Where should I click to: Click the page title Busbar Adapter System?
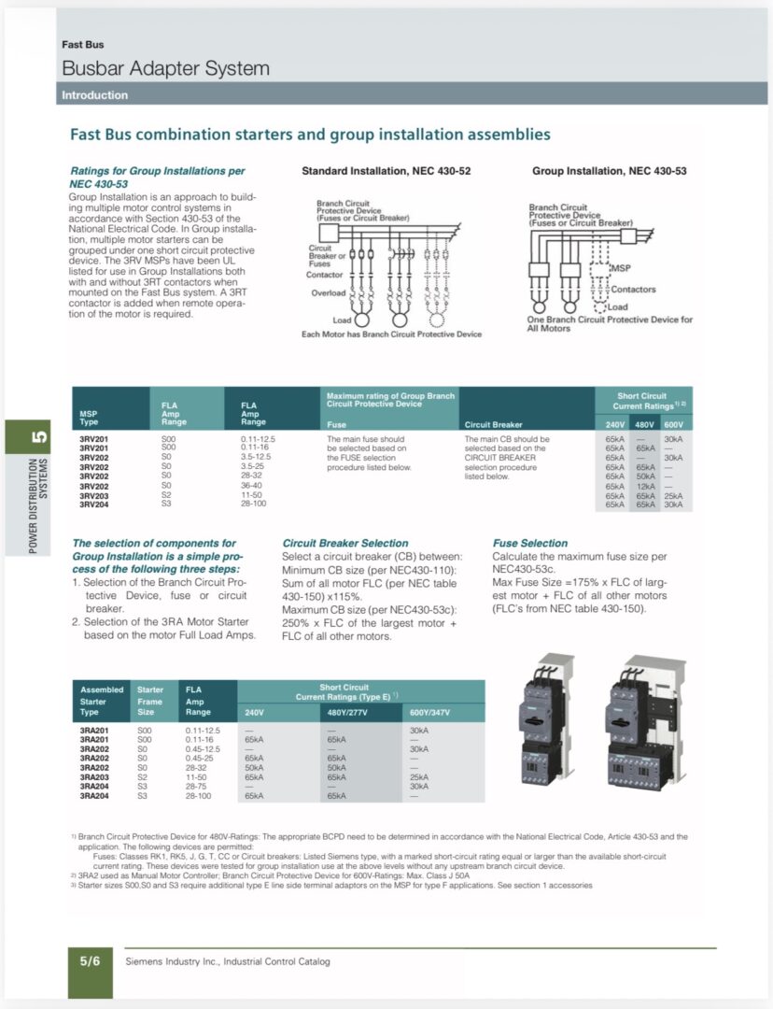(165, 68)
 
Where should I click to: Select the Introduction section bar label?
(94, 95)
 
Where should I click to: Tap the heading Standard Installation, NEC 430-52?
(386, 171)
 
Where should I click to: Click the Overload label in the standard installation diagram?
(328, 293)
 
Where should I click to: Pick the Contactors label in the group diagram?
(633, 290)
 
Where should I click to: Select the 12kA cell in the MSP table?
(643, 486)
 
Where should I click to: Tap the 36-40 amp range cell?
(252, 486)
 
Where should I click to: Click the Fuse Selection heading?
(529, 543)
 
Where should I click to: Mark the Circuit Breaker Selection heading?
(344, 543)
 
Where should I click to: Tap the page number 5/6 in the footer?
(90, 960)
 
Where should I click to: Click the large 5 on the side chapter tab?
(38, 436)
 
